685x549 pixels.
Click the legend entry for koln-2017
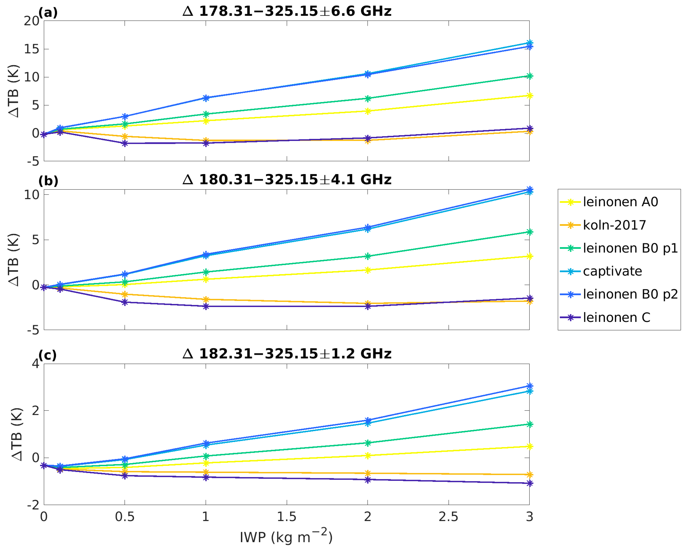(614, 225)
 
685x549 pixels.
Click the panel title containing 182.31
(287, 354)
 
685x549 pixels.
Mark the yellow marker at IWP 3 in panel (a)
(529, 95)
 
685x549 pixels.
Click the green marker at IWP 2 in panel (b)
(368, 256)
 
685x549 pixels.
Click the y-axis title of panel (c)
(16, 434)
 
